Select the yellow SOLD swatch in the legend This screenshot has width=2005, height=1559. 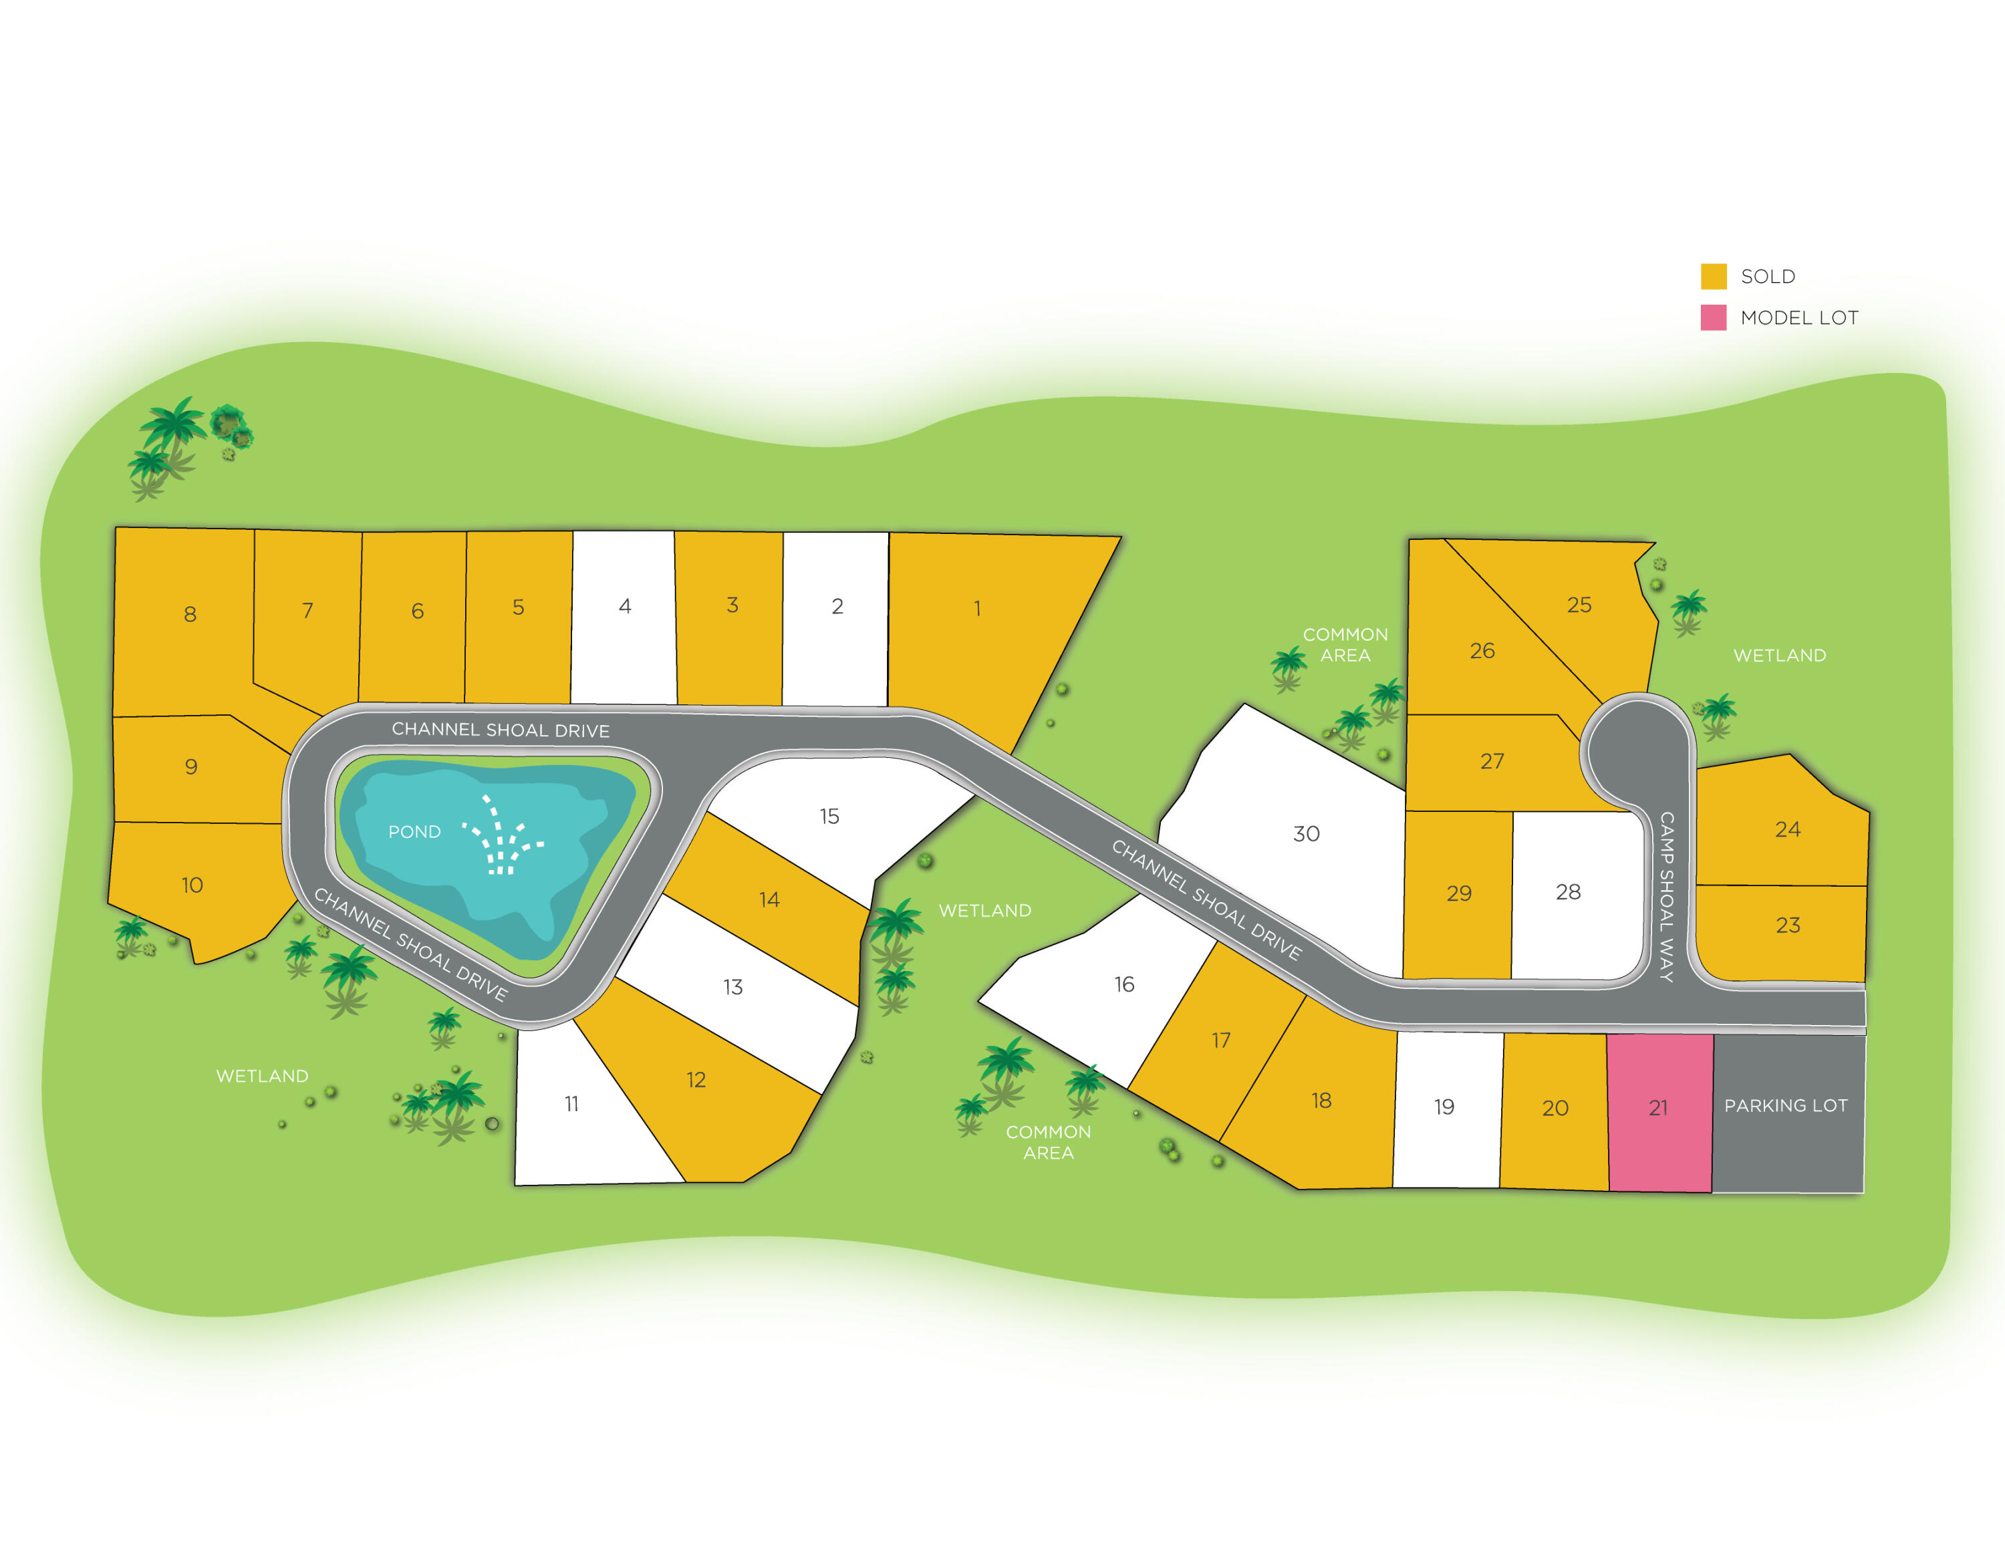tap(1713, 277)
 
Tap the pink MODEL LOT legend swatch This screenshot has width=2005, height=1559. tap(1713, 317)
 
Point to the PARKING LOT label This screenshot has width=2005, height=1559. tap(1786, 1105)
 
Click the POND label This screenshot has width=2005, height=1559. tap(414, 832)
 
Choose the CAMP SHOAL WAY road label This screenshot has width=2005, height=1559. tap(1666, 896)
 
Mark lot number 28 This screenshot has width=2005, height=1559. tap(1568, 891)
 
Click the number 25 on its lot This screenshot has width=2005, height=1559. tap(1579, 605)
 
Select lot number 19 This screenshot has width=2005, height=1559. tap(1444, 1107)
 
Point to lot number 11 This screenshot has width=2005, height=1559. tap(571, 1104)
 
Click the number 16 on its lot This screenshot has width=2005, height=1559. tap(1123, 984)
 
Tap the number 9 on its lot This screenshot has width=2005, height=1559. tap(191, 766)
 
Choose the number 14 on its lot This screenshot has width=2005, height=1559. tap(769, 899)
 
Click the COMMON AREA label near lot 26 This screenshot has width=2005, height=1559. tap(1345, 645)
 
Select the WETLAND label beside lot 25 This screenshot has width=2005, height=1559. tap(1779, 656)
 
